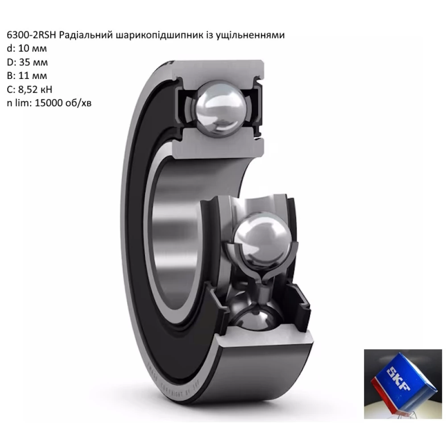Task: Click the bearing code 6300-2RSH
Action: (x=31, y=35)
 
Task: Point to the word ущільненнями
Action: (x=252, y=35)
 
